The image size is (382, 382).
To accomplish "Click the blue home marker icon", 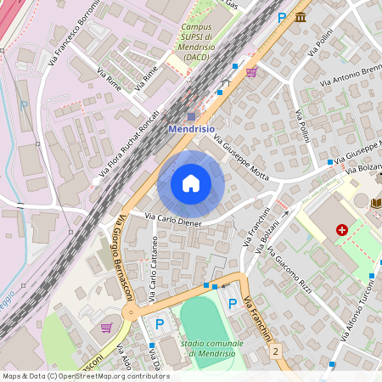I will (191, 183).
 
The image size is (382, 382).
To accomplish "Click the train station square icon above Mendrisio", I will (191, 116).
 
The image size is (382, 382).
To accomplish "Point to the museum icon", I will (301, 17).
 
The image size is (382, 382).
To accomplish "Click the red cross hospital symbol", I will (342, 230).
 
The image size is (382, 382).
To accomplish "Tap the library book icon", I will (376, 203).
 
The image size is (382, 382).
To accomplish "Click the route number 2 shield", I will (276, 350).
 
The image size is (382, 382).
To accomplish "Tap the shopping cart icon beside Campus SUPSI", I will (251, 72).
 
